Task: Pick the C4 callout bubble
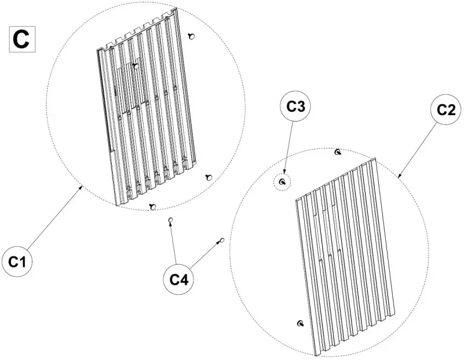(178, 279)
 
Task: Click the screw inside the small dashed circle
(282, 182)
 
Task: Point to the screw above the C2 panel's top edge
(338, 152)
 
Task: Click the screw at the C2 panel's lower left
(300, 323)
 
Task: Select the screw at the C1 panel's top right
(191, 36)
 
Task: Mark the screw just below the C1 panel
(153, 207)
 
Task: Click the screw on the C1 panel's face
(135, 66)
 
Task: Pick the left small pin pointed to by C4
(170, 220)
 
